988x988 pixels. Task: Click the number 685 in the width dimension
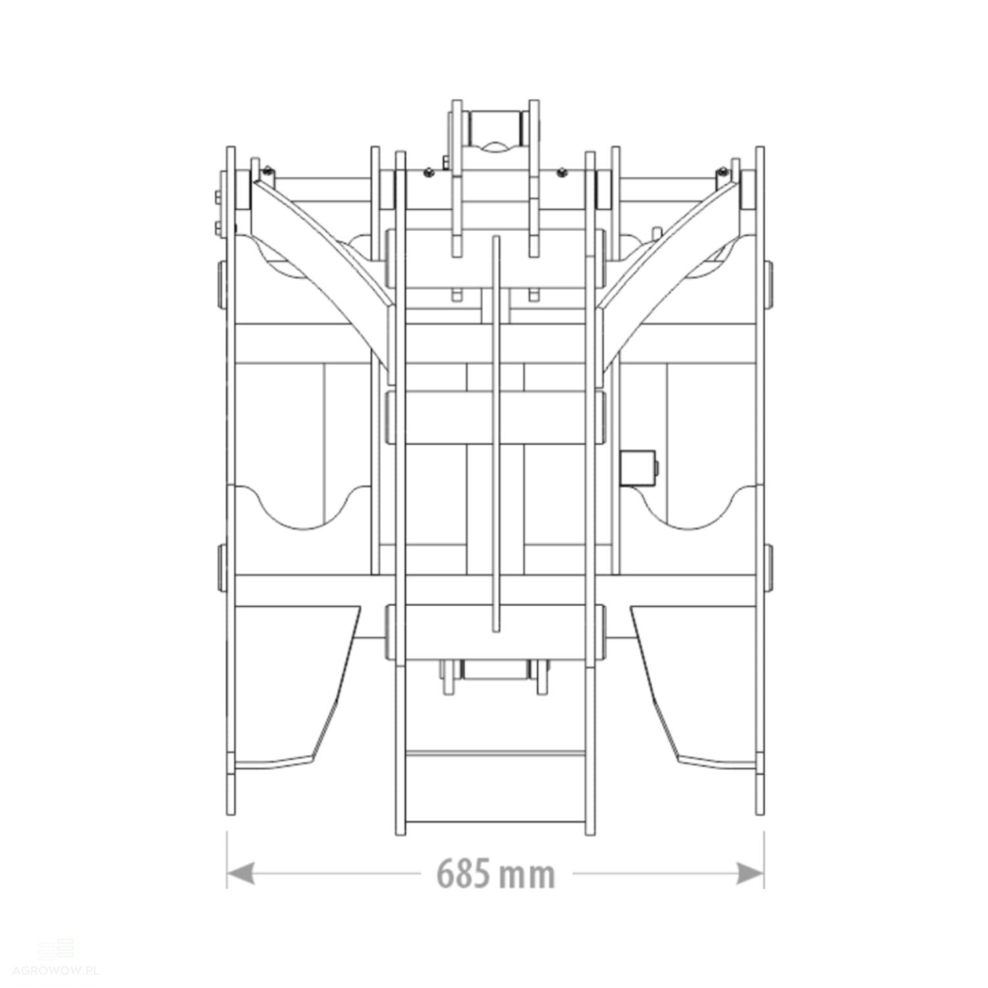pos(463,873)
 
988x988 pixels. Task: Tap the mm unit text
pos(527,876)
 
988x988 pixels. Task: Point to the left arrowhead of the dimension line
pos(240,874)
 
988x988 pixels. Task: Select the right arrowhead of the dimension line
pos(750,874)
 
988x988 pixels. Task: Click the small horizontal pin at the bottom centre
pos(495,671)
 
